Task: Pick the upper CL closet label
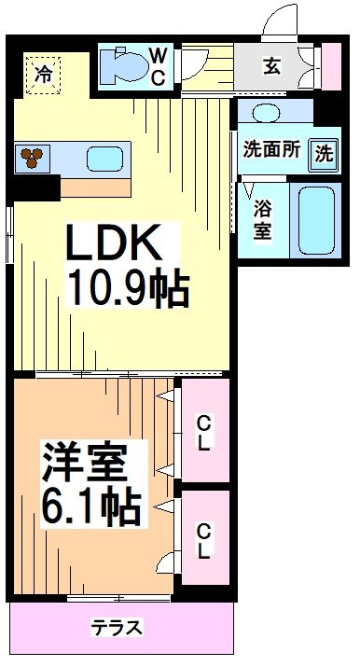203,433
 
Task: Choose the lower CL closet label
203,541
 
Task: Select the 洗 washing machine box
322,153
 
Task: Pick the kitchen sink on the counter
103,159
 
